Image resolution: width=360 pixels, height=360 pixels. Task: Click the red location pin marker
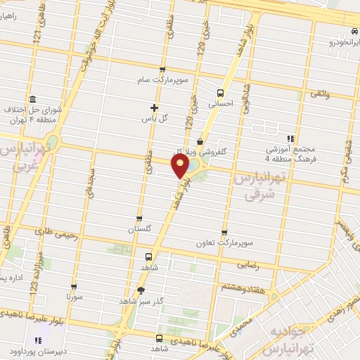pos(181,167)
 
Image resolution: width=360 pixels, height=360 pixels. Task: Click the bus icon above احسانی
pos(221,93)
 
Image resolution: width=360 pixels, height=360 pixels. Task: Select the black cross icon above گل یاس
pos(155,107)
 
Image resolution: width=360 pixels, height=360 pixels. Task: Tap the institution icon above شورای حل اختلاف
pos(32,98)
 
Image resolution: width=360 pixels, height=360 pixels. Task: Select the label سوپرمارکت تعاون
pos(224,243)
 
